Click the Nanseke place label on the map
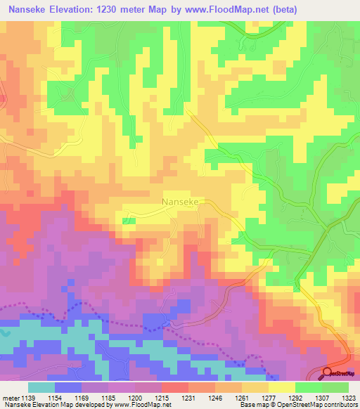pyautogui.click(x=183, y=201)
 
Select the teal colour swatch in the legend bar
pyautogui.click(x=41, y=387)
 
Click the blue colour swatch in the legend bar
pyautogui.click(x=68, y=387)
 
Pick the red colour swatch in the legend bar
pyautogui.click(x=175, y=387)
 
